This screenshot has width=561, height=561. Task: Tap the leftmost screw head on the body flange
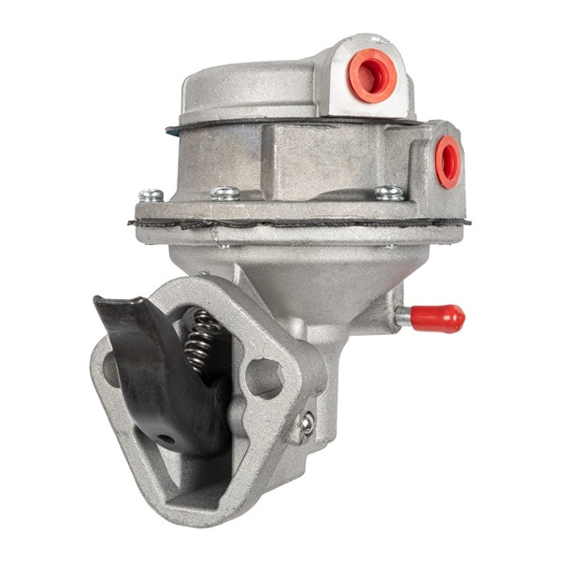coord(150,195)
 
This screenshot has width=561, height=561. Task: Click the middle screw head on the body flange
coord(224,194)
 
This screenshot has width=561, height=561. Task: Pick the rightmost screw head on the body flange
coord(388,194)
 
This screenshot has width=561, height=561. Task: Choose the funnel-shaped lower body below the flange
coord(309,271)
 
